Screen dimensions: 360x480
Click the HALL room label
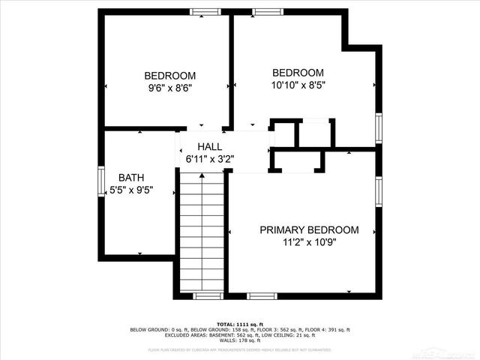tap(209, 146)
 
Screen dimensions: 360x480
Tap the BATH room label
tap(130, 178)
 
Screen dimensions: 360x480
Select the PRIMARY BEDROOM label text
tap(309, 230)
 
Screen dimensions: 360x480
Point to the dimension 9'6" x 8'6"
tap(170, 88)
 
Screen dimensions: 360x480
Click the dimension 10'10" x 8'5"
tap(298, 85)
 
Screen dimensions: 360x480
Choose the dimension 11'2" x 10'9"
tap(309, 242)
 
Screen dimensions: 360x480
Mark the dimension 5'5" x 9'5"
tap(130, 190)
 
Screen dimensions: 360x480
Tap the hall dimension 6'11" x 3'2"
tap(210, 159)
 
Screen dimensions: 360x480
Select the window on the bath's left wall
tap(101, 182)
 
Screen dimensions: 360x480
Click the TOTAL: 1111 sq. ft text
tap(240, 323)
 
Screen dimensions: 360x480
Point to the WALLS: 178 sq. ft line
tap(240, 341)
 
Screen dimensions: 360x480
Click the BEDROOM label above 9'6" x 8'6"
tap(170, 76)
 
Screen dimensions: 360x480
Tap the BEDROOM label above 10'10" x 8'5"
tap(298, 73)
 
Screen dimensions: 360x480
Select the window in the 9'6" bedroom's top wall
tap(202, 12)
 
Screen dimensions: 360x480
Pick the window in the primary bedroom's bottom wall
tap(260, 295)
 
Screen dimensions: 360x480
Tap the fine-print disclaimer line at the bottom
tap(240, 349)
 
